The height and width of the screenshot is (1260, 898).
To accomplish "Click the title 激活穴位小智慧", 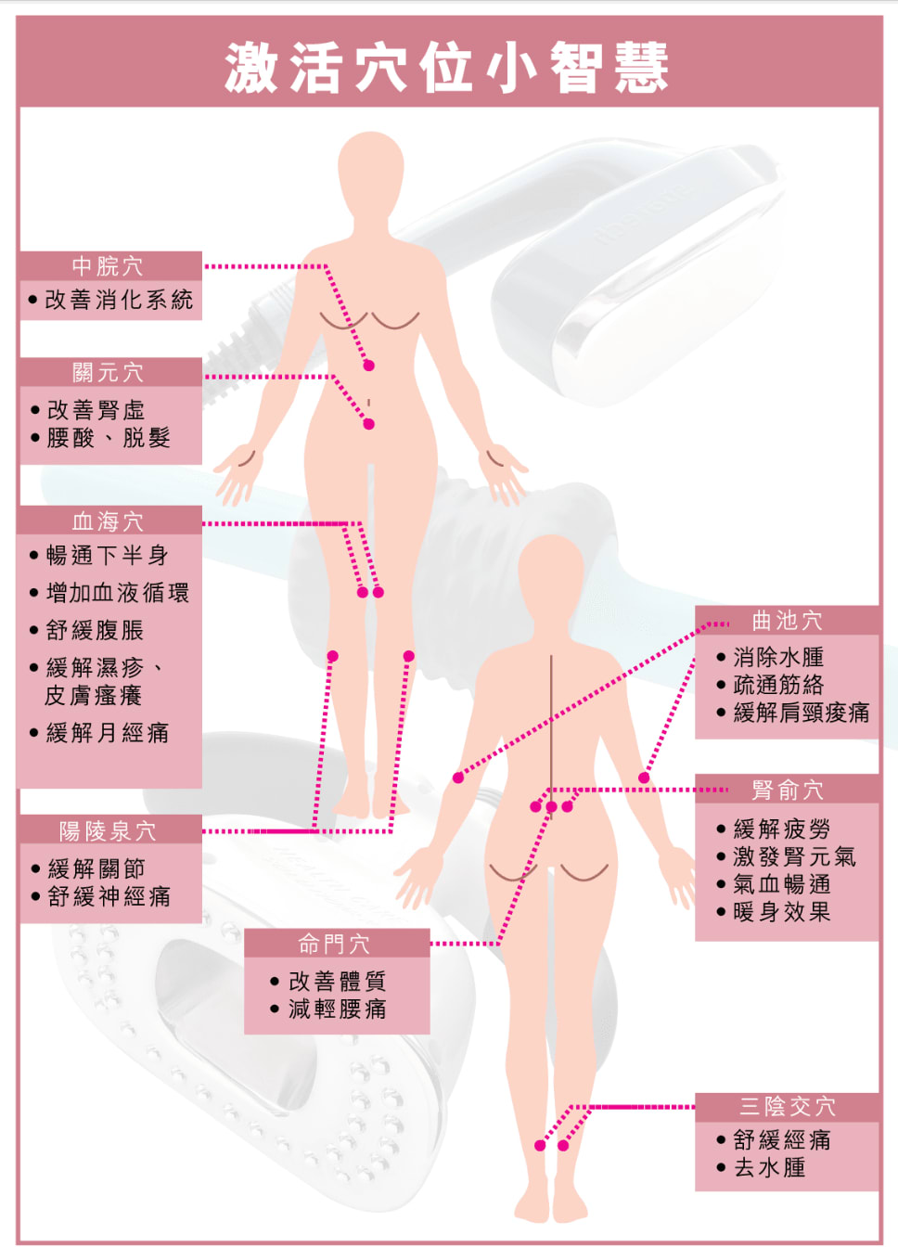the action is (446, 67).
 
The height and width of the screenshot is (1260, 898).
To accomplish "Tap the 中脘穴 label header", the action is (109, 266).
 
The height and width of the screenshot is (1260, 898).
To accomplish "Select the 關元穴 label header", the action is (109, 373).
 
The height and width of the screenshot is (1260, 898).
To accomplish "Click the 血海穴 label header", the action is (109, 521).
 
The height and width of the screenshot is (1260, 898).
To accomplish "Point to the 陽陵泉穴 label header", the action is (109, 830).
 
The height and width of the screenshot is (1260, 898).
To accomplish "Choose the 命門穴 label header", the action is (336, 944).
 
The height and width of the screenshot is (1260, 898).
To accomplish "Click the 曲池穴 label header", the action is (787, 621).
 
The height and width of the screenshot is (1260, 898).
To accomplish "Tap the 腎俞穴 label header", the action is (787, 790).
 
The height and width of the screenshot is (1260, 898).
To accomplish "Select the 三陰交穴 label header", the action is (787, 1106).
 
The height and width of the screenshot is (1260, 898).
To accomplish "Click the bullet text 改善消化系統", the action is (119, 300).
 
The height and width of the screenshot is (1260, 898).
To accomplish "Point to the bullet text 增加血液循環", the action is (118, 593).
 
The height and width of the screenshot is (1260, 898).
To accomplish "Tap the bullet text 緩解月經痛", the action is (108, 733).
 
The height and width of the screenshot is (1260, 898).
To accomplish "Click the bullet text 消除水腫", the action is (778, 658).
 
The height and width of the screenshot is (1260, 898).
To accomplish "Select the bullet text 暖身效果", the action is (781, 912).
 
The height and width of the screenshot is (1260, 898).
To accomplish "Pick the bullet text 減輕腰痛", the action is (337, 1009).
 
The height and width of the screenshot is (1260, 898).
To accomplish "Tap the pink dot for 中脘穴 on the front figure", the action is (368, 366).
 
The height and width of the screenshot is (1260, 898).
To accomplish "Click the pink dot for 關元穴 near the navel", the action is (368, 424).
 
